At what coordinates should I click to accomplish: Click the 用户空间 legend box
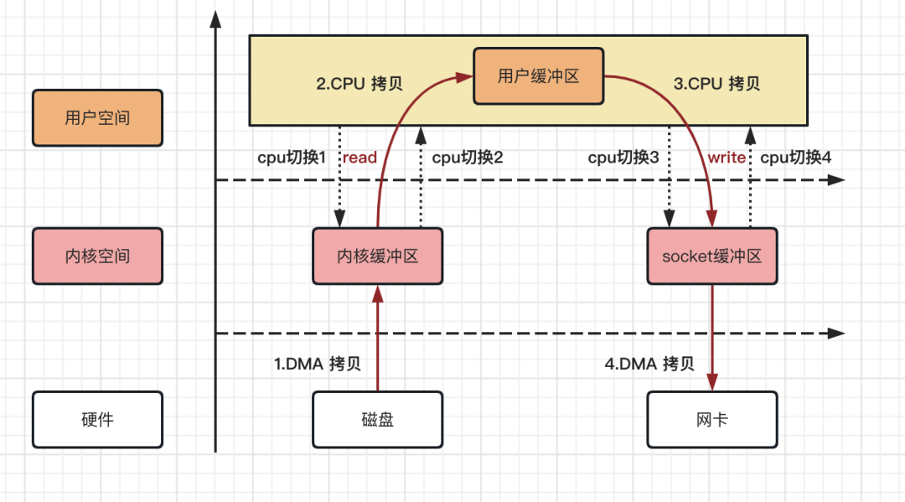(97, 117)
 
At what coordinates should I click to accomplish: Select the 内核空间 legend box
(97, 256)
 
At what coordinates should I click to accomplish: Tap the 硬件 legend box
(97, 419)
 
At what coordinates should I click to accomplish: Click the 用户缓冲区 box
(538, 76)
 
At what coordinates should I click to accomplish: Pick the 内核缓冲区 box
(377, 256)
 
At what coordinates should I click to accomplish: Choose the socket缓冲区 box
(711, 256)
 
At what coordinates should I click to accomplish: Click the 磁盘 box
(377, 419)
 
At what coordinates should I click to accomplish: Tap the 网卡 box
(711, 419)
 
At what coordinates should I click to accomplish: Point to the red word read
(359, 158)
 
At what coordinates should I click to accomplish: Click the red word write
(726, 158)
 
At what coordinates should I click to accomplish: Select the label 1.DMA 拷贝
(318, 364)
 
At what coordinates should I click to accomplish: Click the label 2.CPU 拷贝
(359, 84)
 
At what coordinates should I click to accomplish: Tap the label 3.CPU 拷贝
(716, 84)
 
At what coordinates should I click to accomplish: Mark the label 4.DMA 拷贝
(649, 364)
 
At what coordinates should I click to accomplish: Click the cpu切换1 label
(291, 158)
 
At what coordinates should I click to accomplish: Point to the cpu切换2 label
(467, 158)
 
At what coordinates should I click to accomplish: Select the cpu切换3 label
(623, 158)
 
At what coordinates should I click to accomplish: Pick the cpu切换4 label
(795, 158)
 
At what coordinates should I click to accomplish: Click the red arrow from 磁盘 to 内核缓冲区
(377, 339)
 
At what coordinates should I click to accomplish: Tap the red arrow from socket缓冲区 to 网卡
(712, 335)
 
